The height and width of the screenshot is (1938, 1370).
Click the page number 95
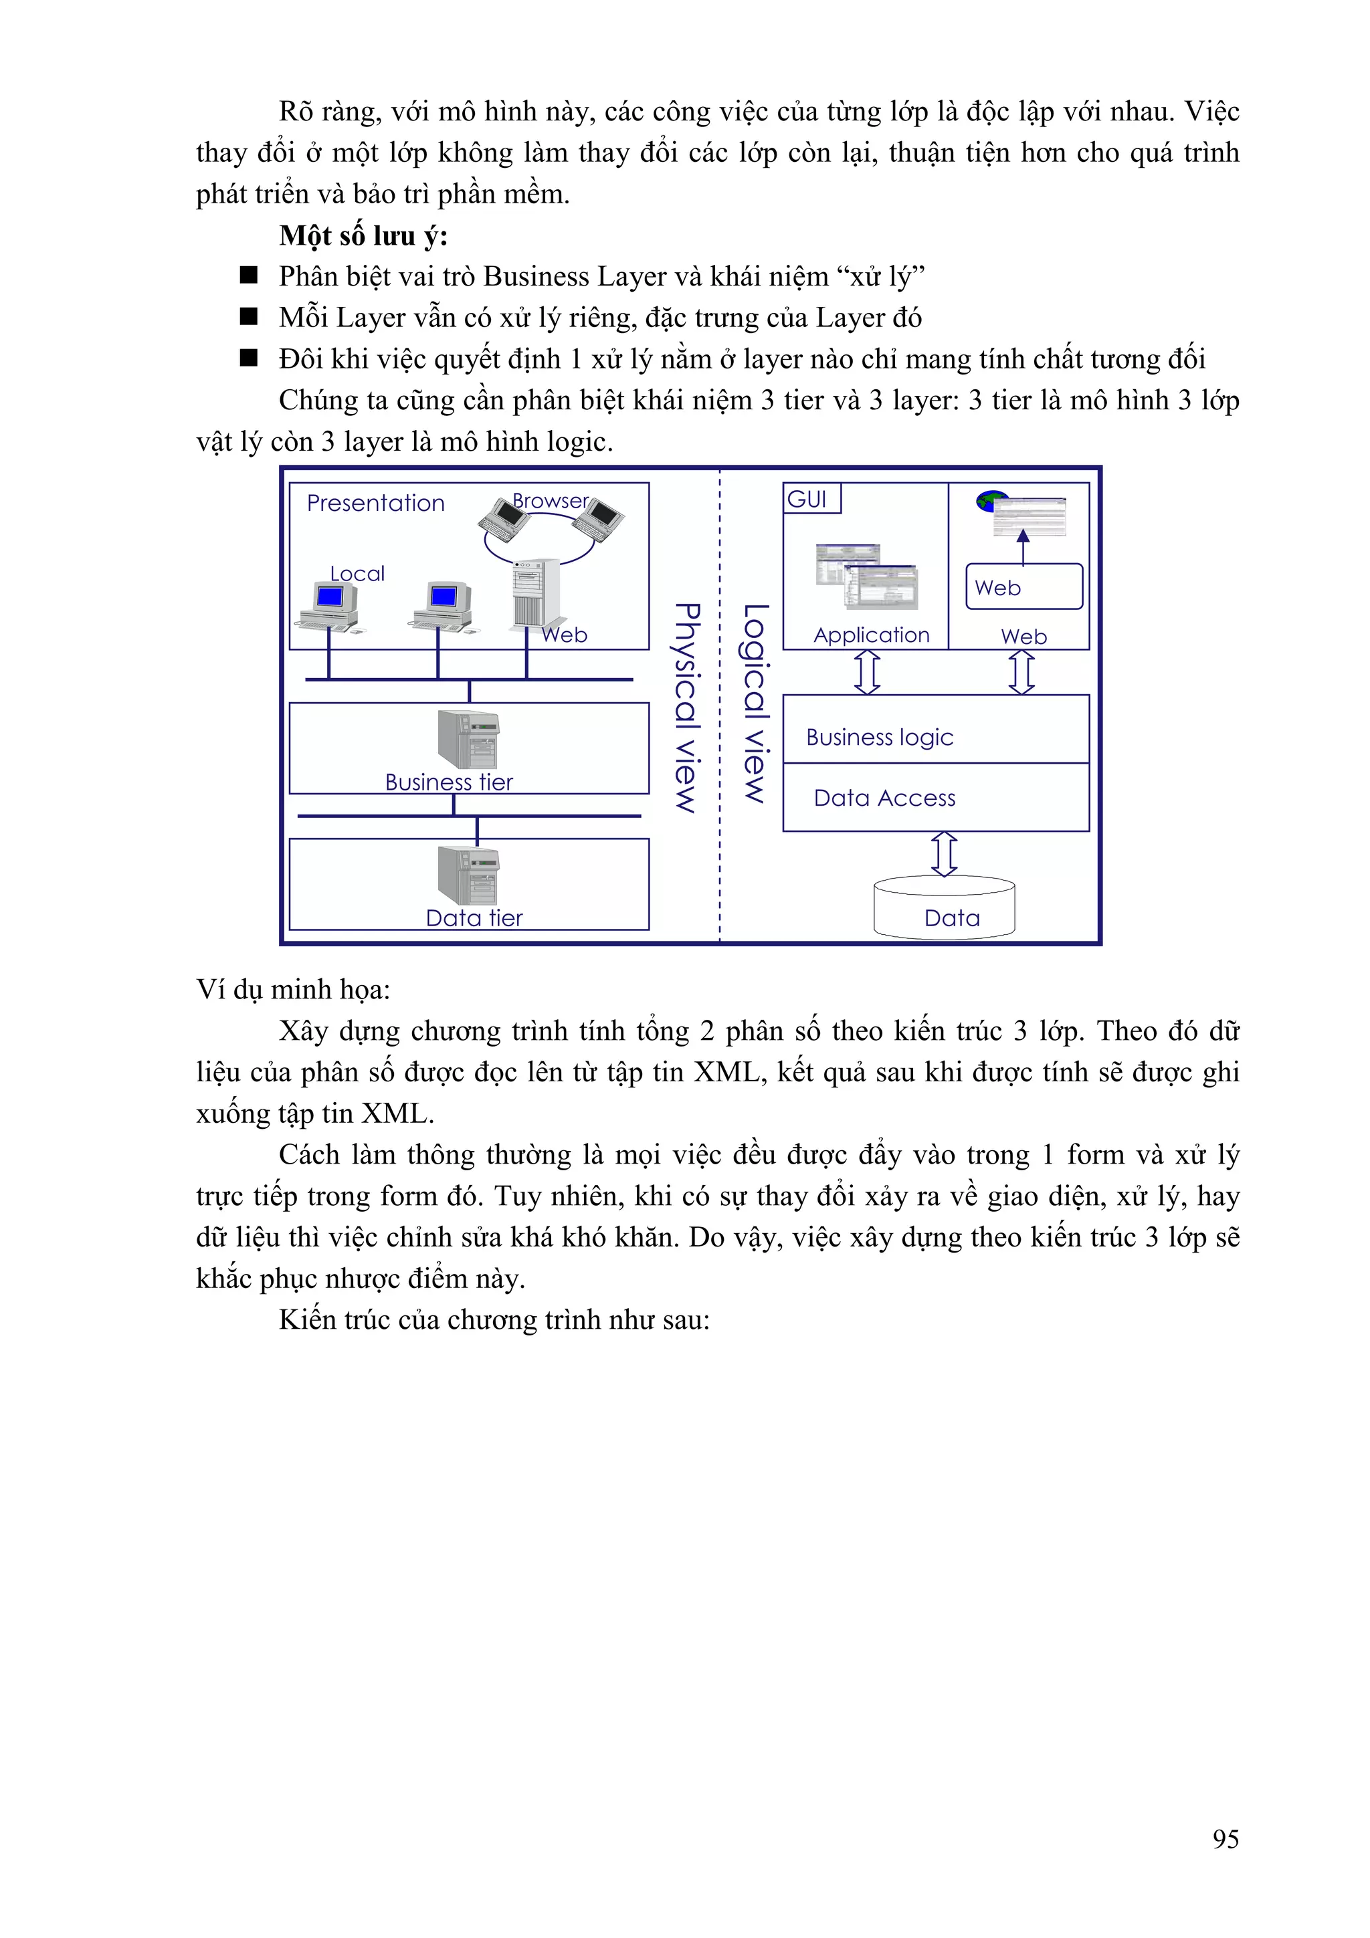[1225, 1839]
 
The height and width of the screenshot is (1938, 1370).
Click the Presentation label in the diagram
[376, 503]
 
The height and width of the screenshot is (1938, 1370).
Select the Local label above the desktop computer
[357, 574]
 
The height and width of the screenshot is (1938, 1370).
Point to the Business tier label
[448, 782]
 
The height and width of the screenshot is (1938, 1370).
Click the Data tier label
[474, 918]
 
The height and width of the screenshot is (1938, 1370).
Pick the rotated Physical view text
[687, 708]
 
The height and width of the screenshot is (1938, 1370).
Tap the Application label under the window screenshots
[871, 635]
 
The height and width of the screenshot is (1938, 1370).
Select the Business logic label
[880, 738]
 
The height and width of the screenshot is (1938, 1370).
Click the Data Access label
[884, 798]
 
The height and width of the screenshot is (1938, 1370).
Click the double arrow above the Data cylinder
[944, 853]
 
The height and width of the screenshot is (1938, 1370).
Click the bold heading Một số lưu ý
[363, 235]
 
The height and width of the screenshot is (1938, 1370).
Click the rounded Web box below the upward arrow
[1023, 586]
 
